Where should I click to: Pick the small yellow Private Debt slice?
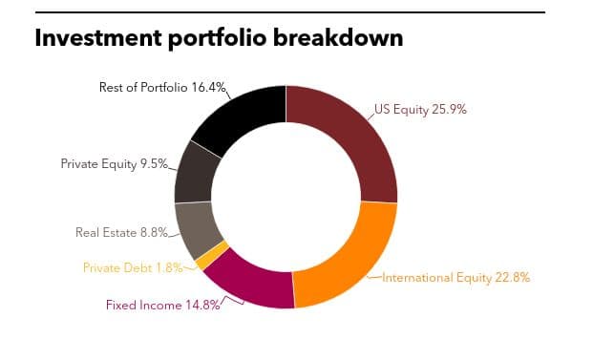coord(213,255)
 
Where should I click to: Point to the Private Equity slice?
coord(195,175)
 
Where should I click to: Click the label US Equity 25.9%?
coord(420,110)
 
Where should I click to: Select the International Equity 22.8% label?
coord(455,278)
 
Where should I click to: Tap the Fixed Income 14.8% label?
coord(163,305)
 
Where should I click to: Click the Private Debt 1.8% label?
coord(133,267)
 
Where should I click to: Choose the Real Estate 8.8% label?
coord(122,232)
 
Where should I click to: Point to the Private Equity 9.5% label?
coord(115,163)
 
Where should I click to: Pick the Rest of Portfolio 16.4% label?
coord(162,87)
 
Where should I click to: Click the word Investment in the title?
coord(98,38)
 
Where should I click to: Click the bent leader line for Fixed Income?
coord(231,300)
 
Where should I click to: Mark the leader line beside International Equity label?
coord(374,277)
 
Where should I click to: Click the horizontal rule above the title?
coord(290,12)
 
